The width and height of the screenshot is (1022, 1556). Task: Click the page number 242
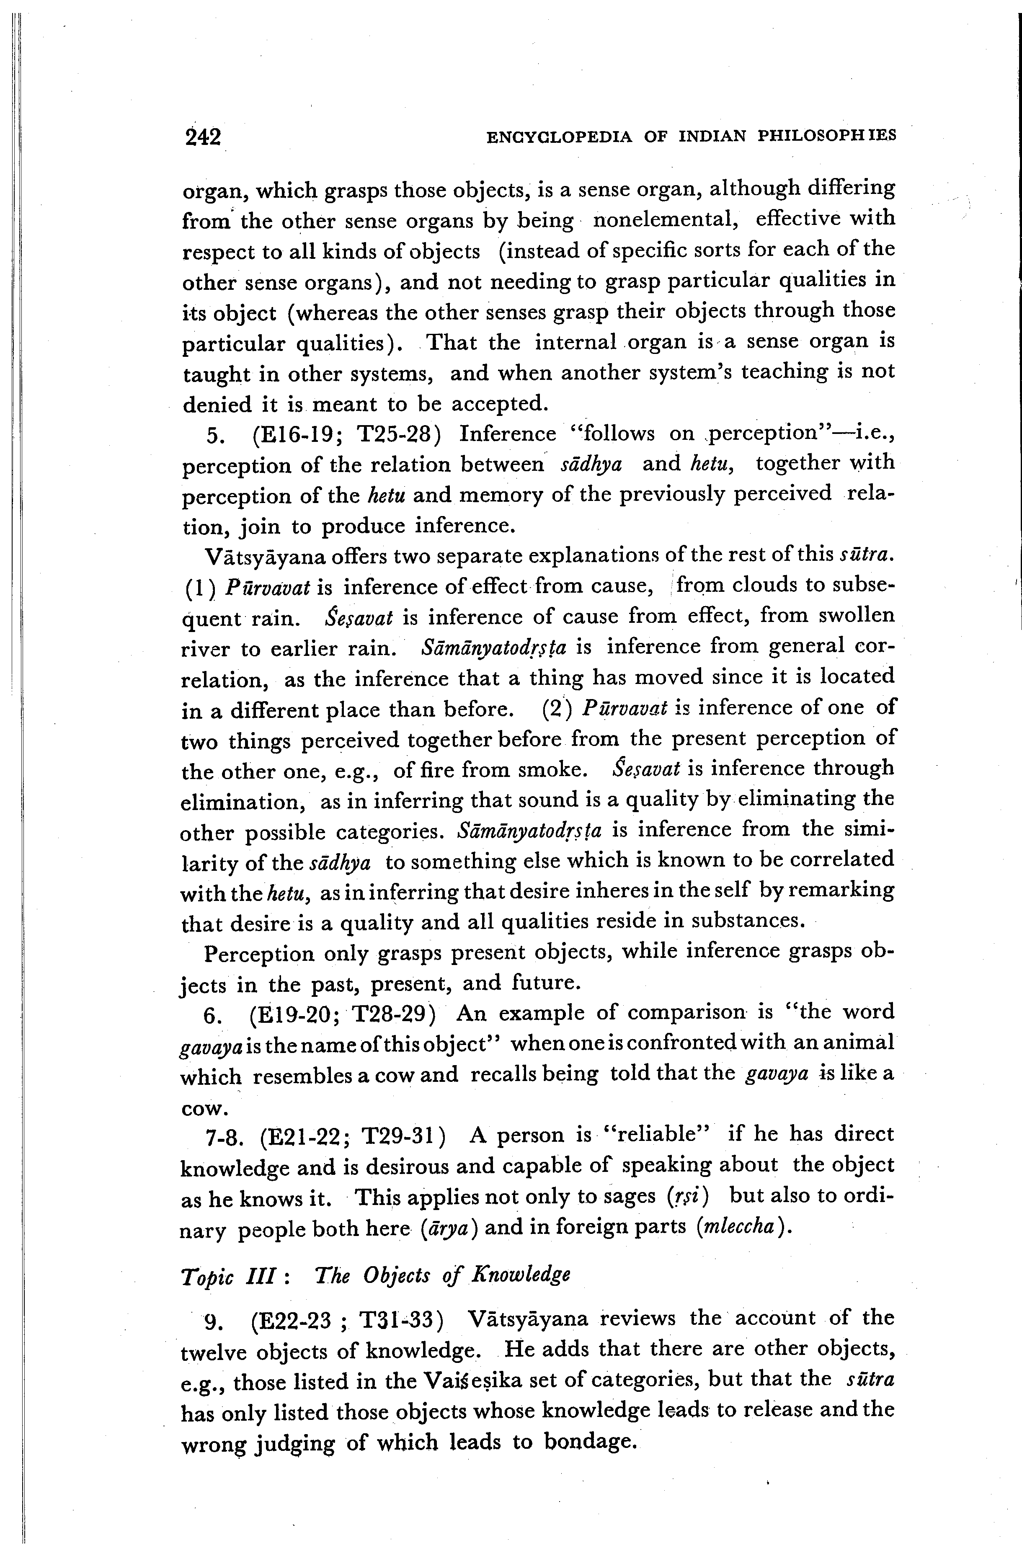[x=204, y=137]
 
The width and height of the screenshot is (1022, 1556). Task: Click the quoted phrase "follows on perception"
[x=713, y=434]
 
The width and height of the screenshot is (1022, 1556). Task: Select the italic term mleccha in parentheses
[x=736, y=1226]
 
